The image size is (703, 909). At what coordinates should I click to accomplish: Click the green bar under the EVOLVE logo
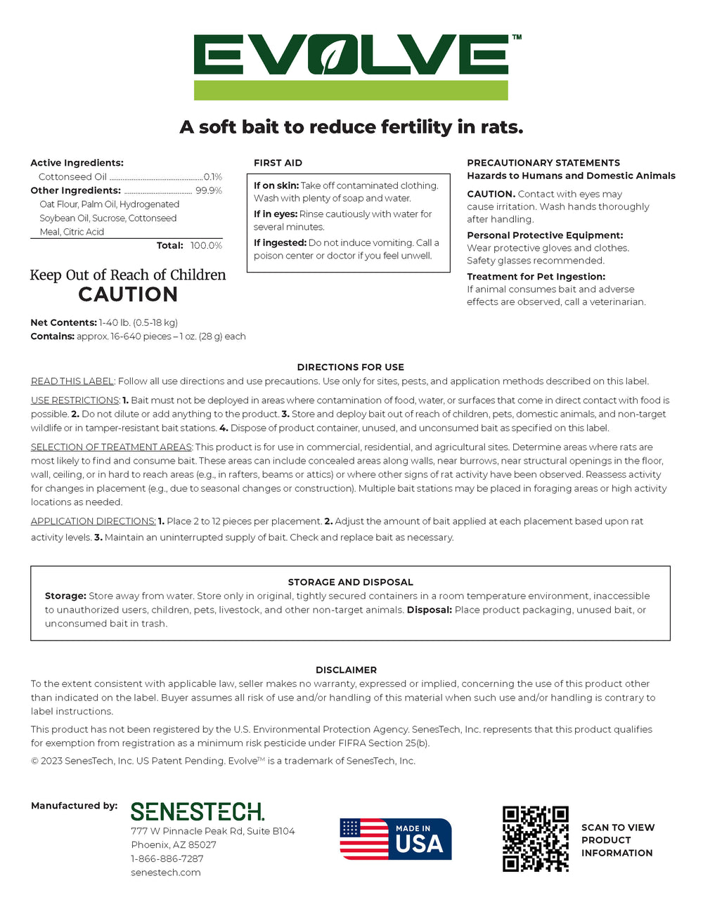coord(351,90)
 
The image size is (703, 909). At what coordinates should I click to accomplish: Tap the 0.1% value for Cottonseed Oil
coord(212,177)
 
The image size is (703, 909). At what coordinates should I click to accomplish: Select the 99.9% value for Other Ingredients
coord(208,190)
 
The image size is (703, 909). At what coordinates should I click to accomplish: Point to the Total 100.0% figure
coord(206,246)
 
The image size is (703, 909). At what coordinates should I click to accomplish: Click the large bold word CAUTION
coord(128,295)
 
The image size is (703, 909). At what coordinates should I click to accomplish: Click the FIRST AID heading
coord(278,163)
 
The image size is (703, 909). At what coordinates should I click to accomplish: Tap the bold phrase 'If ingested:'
coord(280,243)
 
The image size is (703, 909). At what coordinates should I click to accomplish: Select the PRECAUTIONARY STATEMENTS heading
coord(543,163)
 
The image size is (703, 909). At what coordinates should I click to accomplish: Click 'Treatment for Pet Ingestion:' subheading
coord(536,277)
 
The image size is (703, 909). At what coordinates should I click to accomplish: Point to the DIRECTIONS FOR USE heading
coord(350,367)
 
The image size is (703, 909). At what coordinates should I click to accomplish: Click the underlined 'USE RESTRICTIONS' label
coord(75,400)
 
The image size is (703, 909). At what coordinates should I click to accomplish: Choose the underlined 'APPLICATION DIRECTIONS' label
coord(93,521)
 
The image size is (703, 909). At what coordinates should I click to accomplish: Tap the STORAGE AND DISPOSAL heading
coord(350,582)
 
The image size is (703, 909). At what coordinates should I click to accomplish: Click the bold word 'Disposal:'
coord(429,610)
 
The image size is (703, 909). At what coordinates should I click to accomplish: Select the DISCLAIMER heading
coord(346,670)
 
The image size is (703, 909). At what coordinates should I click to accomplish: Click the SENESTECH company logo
coord(198,812)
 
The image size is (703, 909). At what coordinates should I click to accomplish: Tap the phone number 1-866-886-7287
coord(167,858)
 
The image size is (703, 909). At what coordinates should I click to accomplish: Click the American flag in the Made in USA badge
coord(363,839)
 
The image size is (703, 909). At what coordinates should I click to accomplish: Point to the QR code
coord(535,839)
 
